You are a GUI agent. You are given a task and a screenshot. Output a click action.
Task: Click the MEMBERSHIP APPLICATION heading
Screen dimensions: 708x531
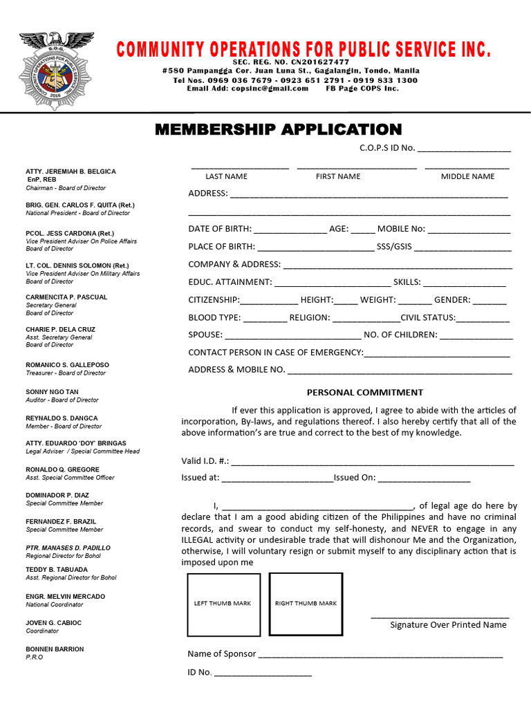click(278, 129)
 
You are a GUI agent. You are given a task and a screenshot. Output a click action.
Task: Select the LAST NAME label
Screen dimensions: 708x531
click(226, 176)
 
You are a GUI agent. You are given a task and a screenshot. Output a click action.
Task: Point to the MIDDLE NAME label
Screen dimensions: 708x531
click(467, 176)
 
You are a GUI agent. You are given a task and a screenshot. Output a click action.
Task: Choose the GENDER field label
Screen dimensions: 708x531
click(452, 299)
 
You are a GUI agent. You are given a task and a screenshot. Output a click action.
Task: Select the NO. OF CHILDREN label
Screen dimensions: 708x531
click(400, 335)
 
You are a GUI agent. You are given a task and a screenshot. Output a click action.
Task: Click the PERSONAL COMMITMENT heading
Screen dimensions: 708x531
click(365, 392)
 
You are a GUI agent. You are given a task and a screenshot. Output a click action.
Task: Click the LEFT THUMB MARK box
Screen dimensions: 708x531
click(223, 604)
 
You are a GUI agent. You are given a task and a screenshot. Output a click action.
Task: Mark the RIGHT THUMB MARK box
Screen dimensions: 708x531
click(306, 604)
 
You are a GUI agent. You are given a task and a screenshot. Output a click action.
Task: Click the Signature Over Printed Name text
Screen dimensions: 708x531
click(448, 624)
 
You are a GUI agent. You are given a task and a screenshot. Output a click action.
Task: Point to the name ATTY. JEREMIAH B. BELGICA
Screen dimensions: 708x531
click(71, 171)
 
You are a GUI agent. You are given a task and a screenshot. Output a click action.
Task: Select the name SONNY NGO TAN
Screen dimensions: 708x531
click(52, 391)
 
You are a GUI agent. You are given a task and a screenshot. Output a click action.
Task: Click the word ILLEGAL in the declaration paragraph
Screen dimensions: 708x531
click(200, 540)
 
